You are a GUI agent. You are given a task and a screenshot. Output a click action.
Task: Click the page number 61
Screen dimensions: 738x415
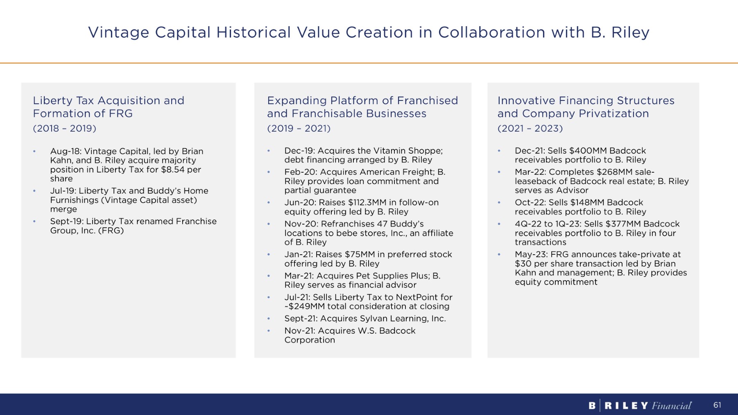click(x=717, y=405)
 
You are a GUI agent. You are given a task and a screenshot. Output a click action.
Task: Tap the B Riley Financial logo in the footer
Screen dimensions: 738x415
click(x=640, y=406)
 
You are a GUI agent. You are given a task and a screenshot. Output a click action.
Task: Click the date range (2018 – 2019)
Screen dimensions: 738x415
click(x=64, y=128)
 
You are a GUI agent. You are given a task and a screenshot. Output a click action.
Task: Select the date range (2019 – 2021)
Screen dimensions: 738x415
click(x=299, y=128)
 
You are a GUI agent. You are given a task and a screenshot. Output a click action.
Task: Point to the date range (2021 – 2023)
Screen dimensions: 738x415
click(x=530, y=128)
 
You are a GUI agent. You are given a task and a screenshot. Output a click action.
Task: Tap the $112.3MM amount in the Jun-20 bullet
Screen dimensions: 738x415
click(x=367, y=203)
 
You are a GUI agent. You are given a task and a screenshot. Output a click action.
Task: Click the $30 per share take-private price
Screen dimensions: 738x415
click(x=522, y=264)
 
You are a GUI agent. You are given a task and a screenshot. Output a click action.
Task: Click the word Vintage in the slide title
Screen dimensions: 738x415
click(x=119, y=32)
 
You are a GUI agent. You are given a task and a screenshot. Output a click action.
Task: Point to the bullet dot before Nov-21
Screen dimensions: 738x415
click(x=269, y=331)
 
